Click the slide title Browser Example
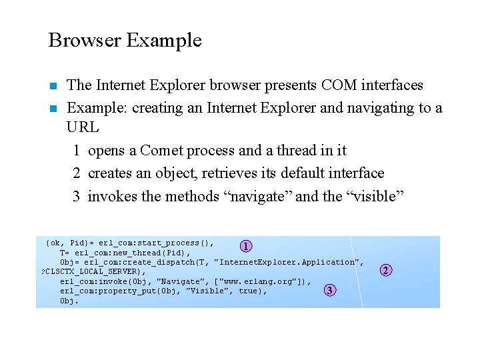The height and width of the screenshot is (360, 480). [125, 40]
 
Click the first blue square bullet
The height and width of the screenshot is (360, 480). [53, 86]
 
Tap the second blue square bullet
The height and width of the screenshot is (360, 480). [53, 108]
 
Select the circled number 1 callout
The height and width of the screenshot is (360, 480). [246, 246]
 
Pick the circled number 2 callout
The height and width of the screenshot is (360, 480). [385, 270]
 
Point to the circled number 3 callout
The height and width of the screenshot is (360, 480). [329, 290]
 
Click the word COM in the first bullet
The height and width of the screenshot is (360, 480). [339, 85]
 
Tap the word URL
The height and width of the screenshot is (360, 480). [83, 127]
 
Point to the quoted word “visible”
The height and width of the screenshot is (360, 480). [377, 196]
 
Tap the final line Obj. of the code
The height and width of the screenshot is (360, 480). [69, 301]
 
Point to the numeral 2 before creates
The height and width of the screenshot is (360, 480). [77, 173]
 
